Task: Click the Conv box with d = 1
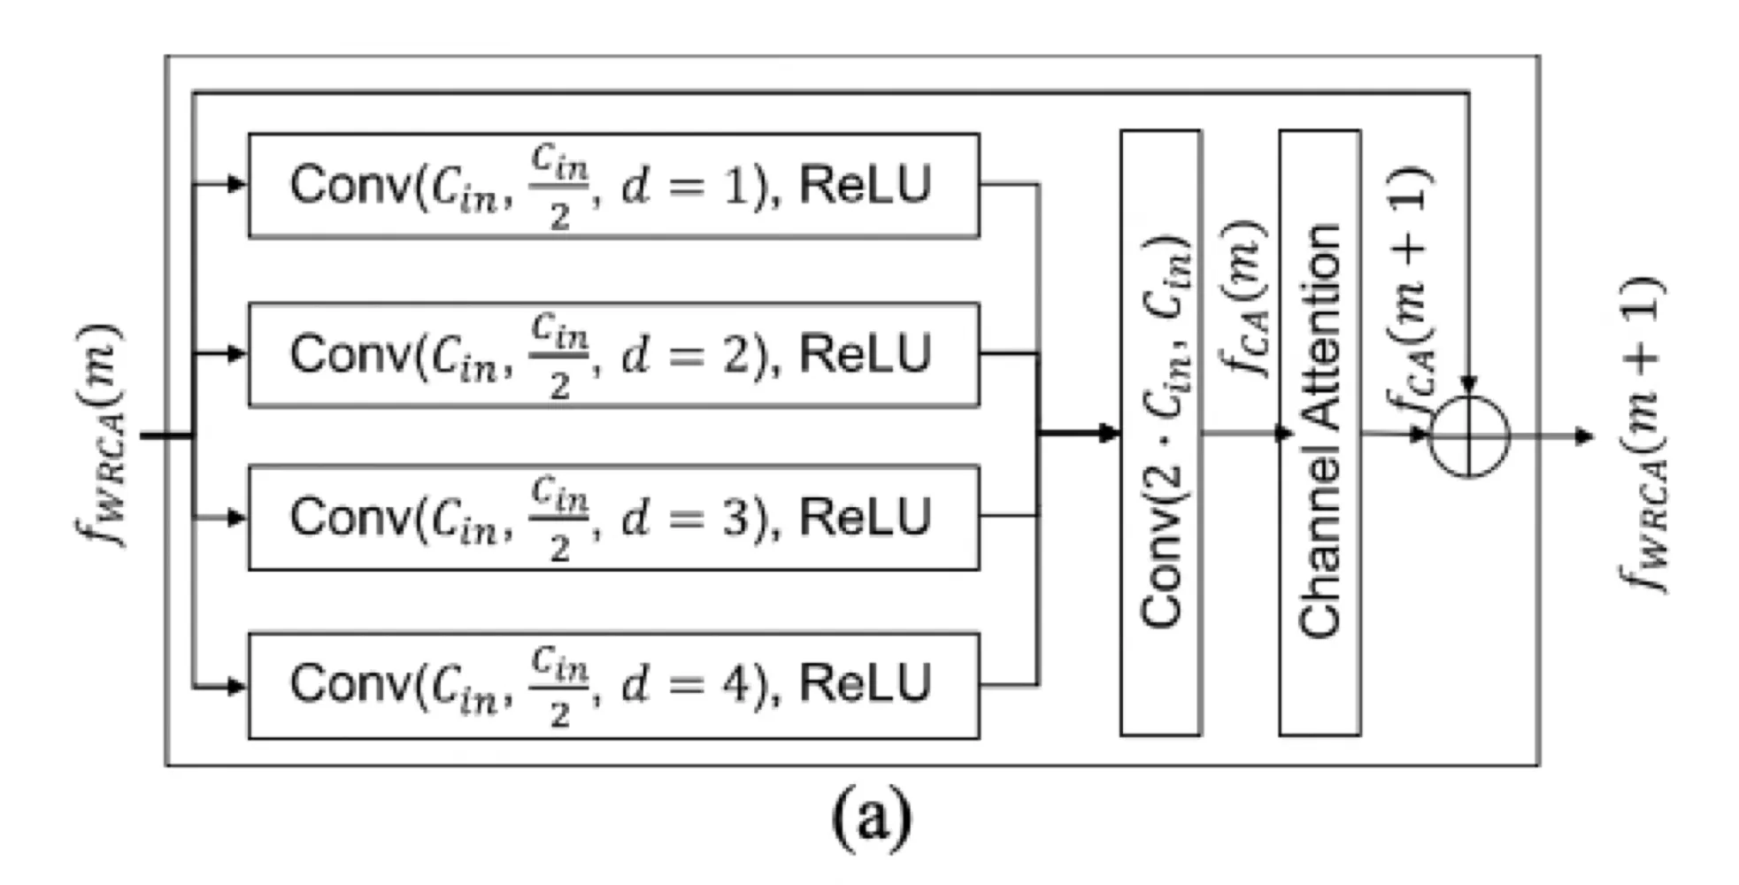(x=613, y=186)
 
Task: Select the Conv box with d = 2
(x=613, y=355)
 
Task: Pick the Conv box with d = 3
(x=613, y=518)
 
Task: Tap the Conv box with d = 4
(x=613, y=686)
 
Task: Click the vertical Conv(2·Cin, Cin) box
(x=1161, y=433)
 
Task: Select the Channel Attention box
(x=1320, y=433)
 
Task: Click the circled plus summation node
(x=1469, y=436)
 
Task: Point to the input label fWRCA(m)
(x=99, y=435)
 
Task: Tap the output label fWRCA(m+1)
(x=1642, y=435)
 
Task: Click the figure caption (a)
(x=872, y=819)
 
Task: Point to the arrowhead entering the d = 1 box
(x=237, y=185)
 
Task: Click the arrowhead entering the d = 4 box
(x=237, y=687)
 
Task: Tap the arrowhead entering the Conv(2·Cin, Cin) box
(x=1109, y=434)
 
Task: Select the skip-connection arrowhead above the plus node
(x=1469, y=386)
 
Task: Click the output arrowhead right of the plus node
(x=1584, y=436)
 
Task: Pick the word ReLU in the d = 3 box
(x=866, y=517)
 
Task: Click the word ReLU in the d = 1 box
(x=866, y=185)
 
